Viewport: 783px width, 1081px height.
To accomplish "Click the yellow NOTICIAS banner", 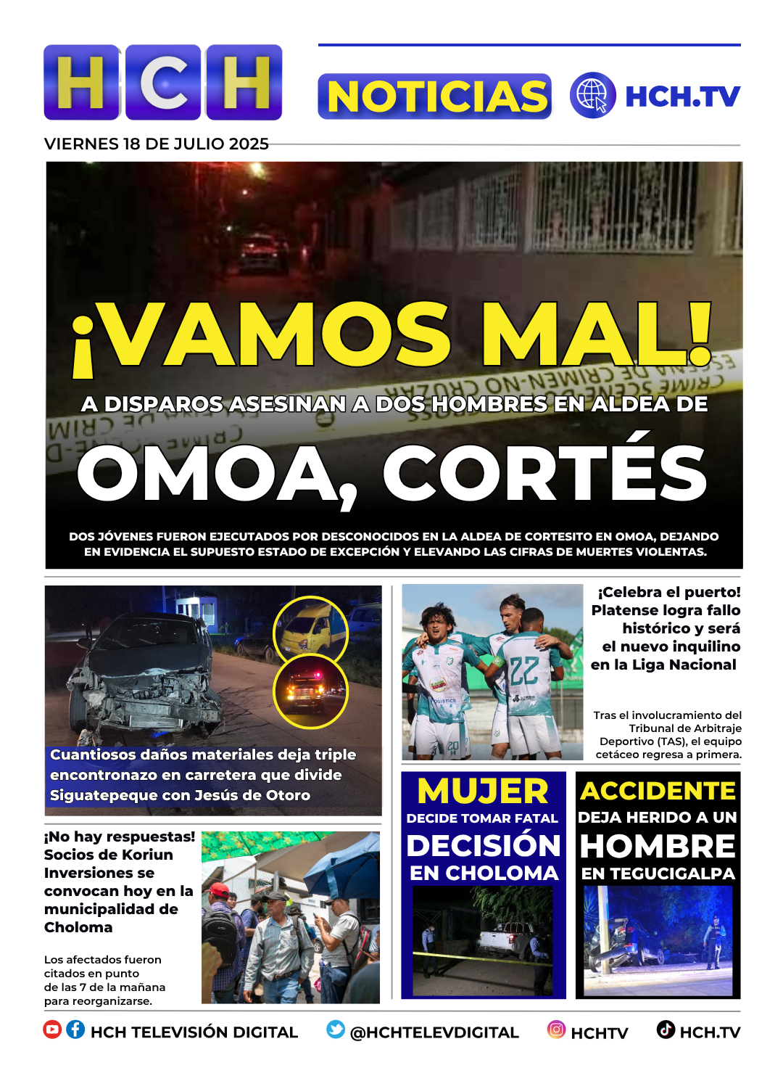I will [435, 96].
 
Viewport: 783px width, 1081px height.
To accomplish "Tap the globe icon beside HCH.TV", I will [592, 95].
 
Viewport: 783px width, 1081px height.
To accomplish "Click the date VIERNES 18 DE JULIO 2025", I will [157, 144].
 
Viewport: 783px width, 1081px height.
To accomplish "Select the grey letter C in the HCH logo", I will [164, 82].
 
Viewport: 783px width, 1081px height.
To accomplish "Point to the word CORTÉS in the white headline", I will [544, 474].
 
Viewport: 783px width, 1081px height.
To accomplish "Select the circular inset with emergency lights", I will [310, 691].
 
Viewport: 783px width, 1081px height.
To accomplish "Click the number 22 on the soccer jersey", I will [523, 671].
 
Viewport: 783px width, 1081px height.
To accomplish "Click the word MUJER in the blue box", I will [483, 791].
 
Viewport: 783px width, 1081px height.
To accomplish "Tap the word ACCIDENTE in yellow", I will [658, 790].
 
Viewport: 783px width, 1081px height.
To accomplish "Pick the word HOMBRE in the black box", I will [658, 846].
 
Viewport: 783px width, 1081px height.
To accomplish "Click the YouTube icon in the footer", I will [52, 1029].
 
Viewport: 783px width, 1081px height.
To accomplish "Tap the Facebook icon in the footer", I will [75, 1029].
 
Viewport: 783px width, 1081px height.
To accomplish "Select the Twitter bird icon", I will [336, 1029].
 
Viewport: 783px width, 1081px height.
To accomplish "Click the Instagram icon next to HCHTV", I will [556, 1029].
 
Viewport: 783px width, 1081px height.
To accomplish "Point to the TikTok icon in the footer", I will [666, 1029].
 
